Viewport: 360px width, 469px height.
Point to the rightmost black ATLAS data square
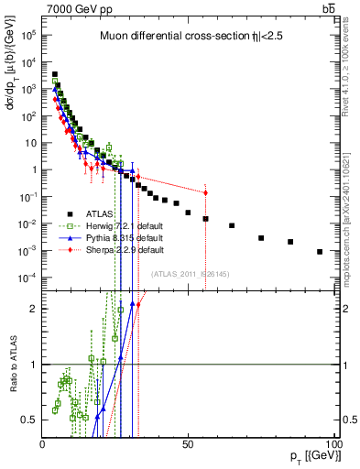pos(320,251)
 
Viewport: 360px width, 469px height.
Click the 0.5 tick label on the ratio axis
pos(30,420)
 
